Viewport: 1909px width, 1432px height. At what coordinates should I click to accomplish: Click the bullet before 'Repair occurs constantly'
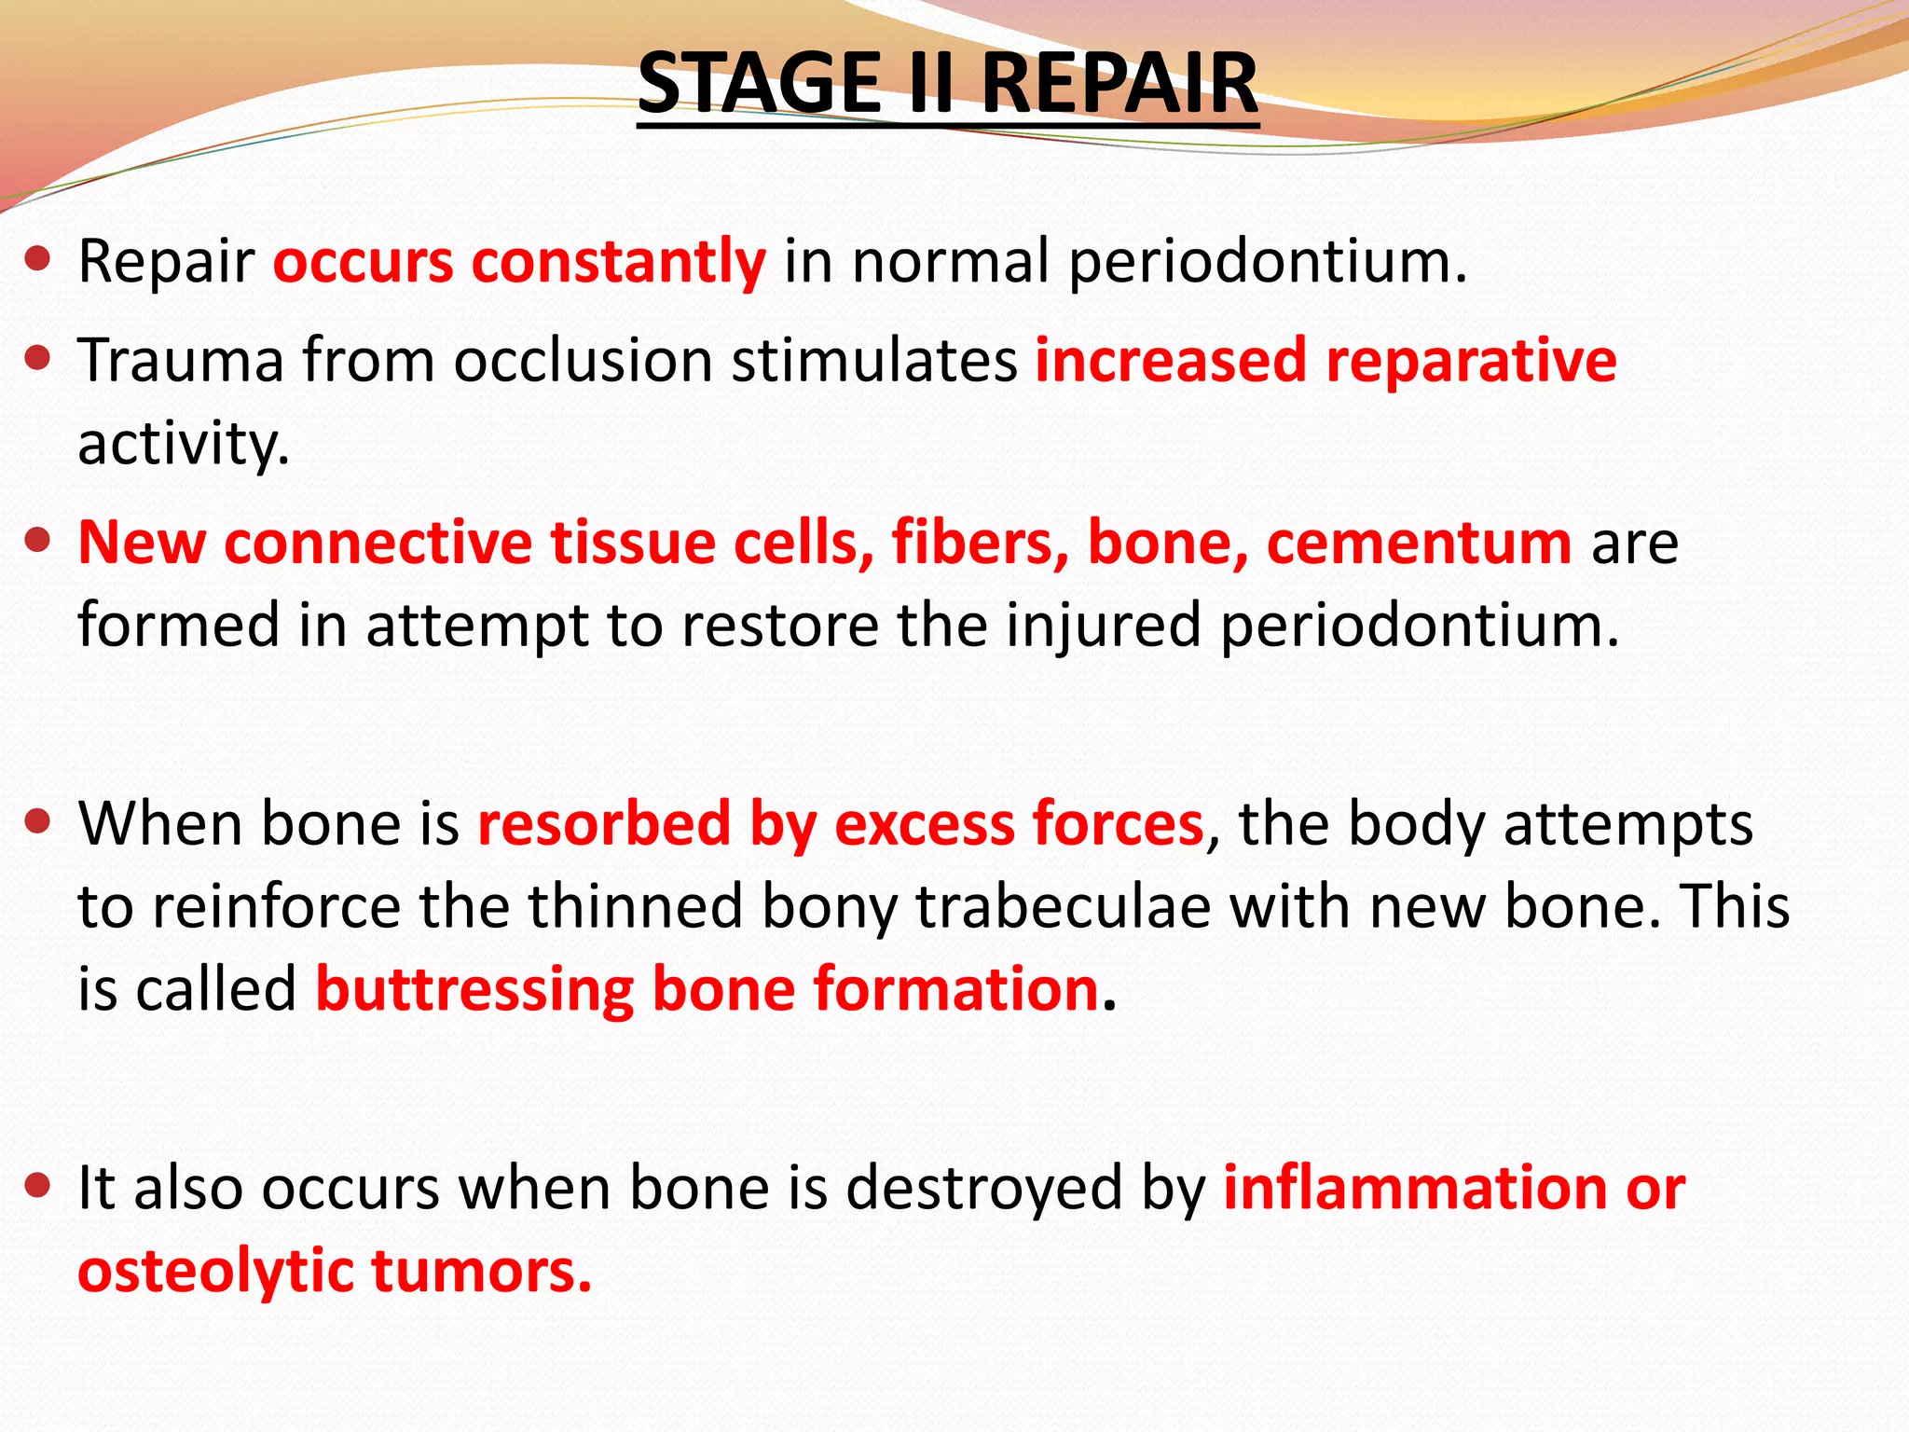tap(37, 259)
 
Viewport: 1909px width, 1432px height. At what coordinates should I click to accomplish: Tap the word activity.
tap(184, 444)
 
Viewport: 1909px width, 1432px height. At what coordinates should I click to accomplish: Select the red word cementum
tap(1419, 543)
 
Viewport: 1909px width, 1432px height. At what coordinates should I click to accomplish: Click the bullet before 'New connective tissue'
tap(37, 541)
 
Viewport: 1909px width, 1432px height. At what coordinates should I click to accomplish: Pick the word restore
tap(778, 625)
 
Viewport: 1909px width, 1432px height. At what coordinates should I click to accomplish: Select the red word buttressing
tap(474, 989)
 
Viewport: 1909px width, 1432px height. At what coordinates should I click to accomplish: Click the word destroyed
tap(983, 1189)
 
